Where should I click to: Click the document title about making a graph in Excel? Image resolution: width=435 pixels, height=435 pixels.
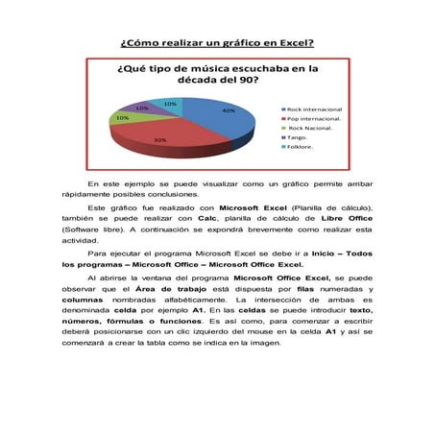point(217,43)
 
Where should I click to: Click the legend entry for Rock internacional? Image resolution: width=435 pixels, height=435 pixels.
point(313,109)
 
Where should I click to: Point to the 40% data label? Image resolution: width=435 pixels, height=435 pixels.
point(228,111)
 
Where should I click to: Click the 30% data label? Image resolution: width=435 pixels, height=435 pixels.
point(159,140)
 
